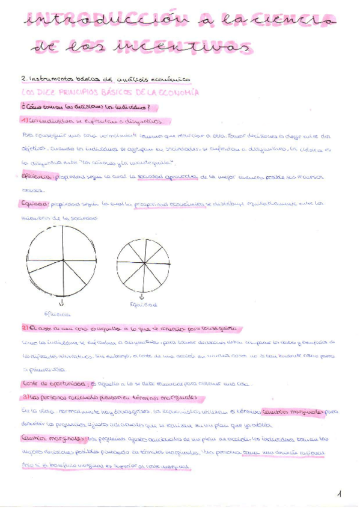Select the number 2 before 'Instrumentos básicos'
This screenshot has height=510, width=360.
[x=23, y=79]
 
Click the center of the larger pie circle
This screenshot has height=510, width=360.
[x=61, y=260]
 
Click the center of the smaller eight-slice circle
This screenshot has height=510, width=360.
[x=143, y=263]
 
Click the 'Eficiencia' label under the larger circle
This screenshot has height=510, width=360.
[x=58, y=314]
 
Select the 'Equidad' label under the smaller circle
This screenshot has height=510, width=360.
[x=143, y=305]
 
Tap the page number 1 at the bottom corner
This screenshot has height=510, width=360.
[x=340, y=494]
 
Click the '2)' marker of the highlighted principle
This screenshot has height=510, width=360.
[x=25, y=329]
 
